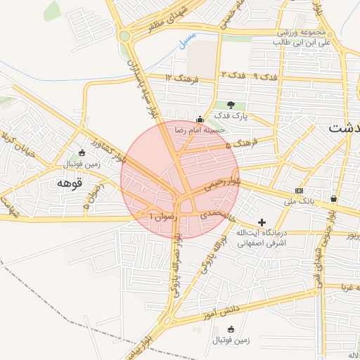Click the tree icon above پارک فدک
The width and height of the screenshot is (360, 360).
pyautogui.click(x=231, y=105)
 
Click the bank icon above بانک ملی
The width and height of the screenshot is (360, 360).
pyautogui.click(x=300, y=191)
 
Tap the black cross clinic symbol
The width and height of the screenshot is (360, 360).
pyautogui.click(x=262, y=222)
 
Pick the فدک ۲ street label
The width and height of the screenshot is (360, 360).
pyautogui.click(x=233, y=74)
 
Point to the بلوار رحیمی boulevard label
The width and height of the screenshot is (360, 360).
pyautogui.click(x=221, y=182)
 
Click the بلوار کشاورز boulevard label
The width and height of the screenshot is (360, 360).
pyautogui.click(x=134, y=147)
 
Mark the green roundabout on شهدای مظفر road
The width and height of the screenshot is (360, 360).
pyautogui.click(x=125, y=36)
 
